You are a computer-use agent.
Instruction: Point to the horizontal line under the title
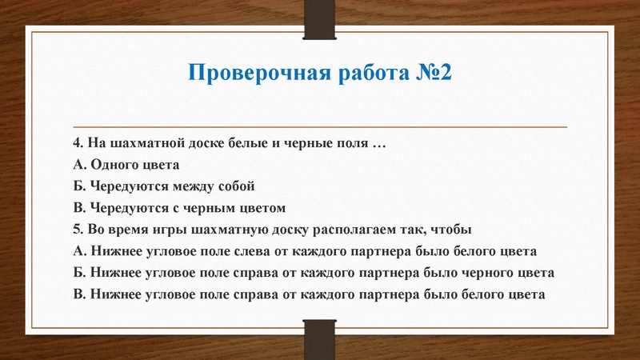(x=320, y=127)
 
